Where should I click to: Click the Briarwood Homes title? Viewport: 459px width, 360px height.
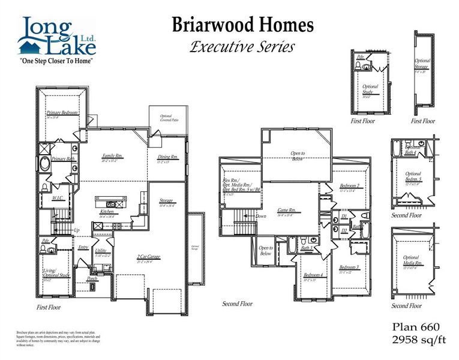(x=242, y=25)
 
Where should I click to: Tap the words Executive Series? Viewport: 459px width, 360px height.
(x=242, y=47)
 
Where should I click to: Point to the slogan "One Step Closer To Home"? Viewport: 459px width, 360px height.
(x=56, y=61)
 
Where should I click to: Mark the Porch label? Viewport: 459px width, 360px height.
(x=92, y=278)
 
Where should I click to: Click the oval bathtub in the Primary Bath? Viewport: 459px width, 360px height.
(x=45, y=163)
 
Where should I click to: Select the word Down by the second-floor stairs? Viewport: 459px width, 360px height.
(x=261, y=216)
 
